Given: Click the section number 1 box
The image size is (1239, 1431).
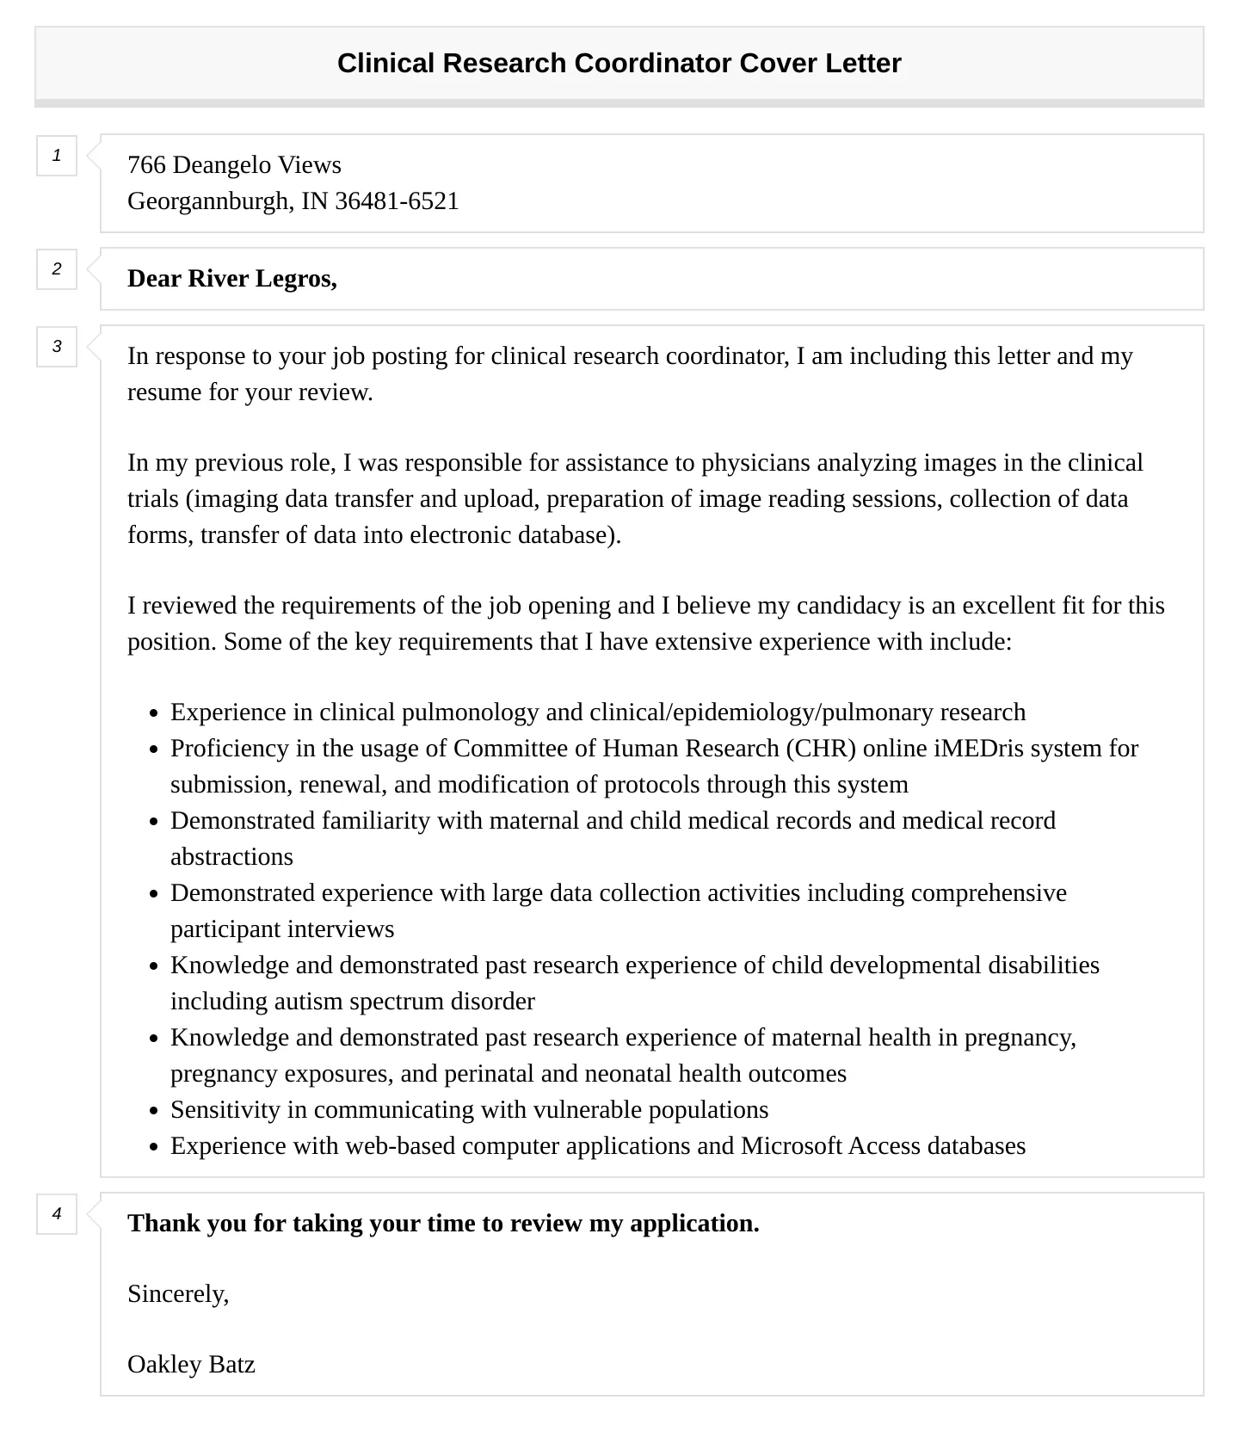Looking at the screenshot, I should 57,156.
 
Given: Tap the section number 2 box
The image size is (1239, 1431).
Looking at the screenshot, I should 57,269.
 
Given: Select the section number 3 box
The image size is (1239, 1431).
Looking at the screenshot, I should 57,347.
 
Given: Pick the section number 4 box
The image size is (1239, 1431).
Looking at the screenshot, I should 57,1214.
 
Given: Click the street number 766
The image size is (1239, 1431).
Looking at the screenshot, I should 146,165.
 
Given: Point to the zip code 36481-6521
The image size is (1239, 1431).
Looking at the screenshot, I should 397,201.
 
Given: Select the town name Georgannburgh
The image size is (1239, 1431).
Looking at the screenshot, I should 210,201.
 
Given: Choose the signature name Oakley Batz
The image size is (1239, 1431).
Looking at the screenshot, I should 191,1365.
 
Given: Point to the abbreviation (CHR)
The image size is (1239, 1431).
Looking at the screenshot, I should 821,749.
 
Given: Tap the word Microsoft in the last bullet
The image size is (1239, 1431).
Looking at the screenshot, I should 791,1146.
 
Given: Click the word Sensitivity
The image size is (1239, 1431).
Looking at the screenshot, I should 225,1110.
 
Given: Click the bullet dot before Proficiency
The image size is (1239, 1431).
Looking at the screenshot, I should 153,749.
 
